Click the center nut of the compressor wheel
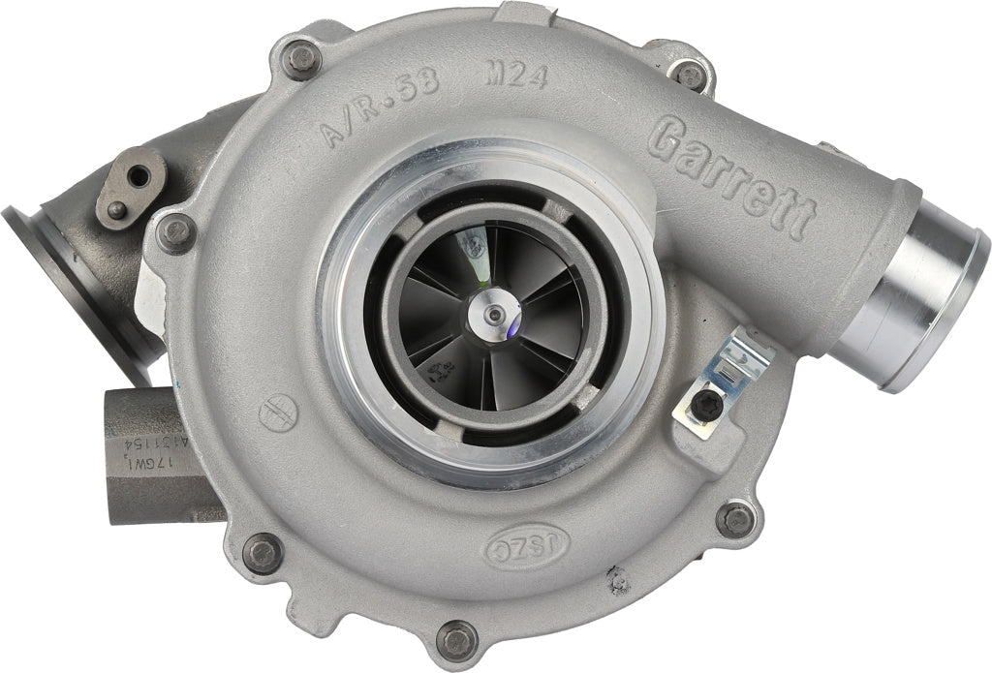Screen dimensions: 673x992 point(494,313)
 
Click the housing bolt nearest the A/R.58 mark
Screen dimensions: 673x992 point(303,59)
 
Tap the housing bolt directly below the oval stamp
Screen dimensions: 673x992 point(457,636)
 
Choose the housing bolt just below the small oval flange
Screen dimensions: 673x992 point(177,232)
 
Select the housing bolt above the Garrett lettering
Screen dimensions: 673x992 point(690,74)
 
